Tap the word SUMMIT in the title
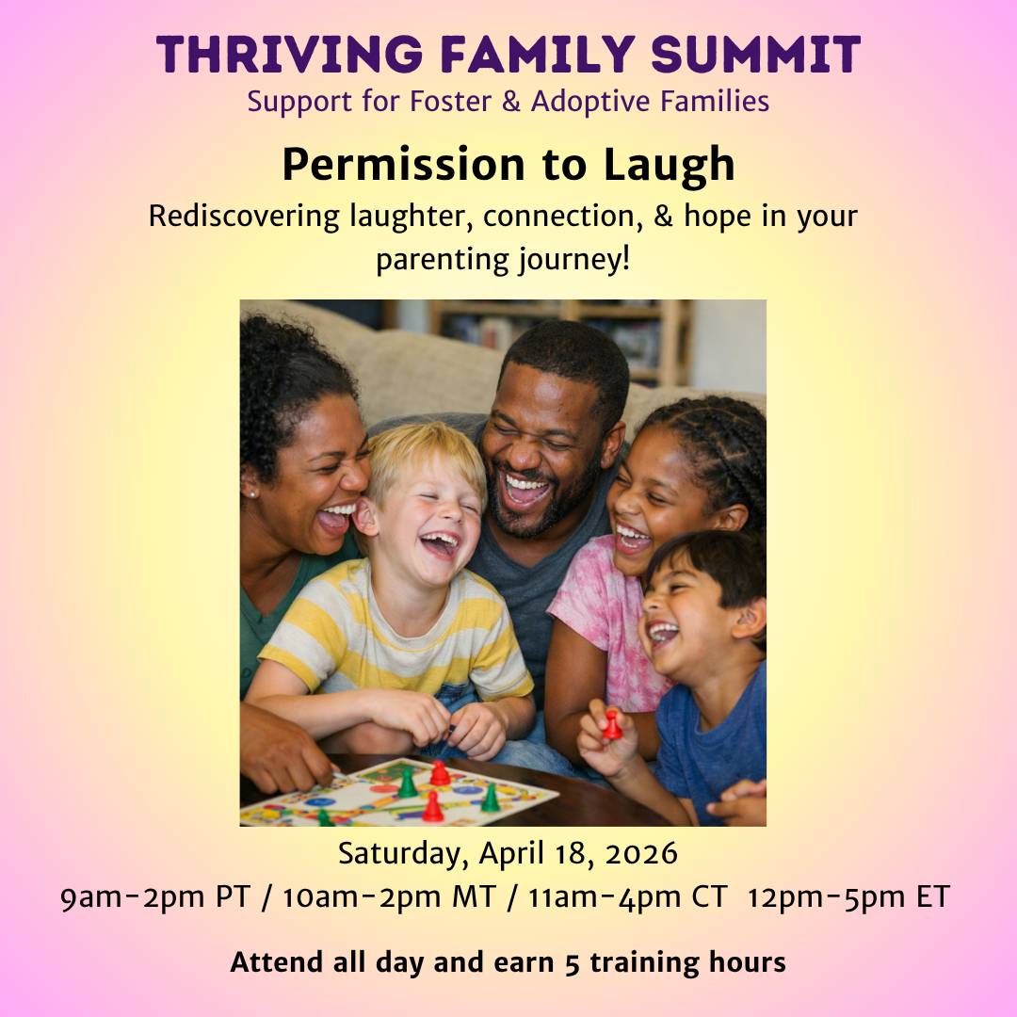pyautogui.click(x=755, y=55)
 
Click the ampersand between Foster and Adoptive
pyautogui.click(x=511, y=102)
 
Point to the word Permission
pyautogui.click(x=403, y=164)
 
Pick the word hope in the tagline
pyautogui.click(x=718, y=216)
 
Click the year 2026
pyautogui.click(x=641, y=853)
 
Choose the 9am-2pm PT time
pyautogui.click(x=154, y=897)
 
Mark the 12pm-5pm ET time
pyautogui.click(x=848, y=897)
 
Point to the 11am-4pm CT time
pyautogui.click(x=627, y=897)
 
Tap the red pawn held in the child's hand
pyautogui.click(x=611, y=725)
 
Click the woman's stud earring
pyautogui.click(x=251, y=494)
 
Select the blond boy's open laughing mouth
pyautogui.click(x=442, y=543)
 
